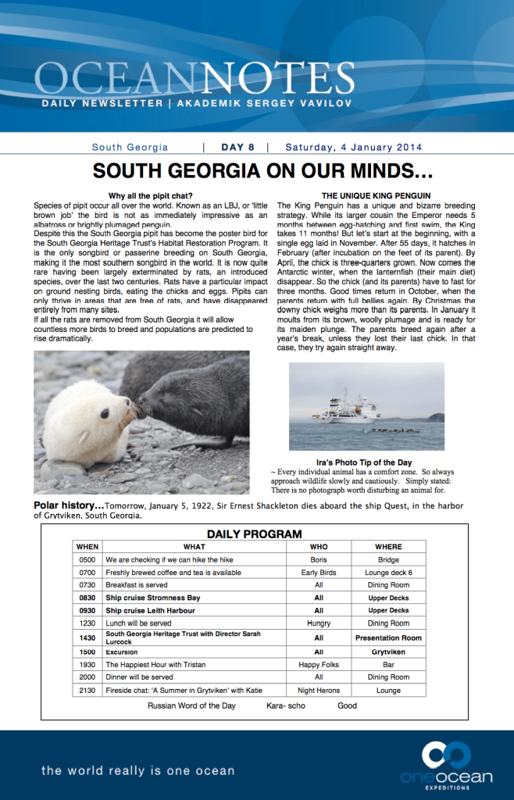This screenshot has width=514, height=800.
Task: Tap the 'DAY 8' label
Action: pyautogui.click(x=237, y=147)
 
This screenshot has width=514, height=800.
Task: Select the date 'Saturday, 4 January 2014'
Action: pyautogui.click(x=353, y=147)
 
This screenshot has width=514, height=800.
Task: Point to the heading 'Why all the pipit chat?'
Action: pyautogui.click(x=150, y=195)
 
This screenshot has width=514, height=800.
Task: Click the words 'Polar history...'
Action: pyautogui.click(x=69, y=505)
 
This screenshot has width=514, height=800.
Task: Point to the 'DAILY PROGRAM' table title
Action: pyautogui.click(x=254, y=534)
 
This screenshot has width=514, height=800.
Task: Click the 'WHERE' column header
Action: pyautogui.click(x=388, y=547)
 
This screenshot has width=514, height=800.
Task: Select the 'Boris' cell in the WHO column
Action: pyautogui.click(x=319, y=560)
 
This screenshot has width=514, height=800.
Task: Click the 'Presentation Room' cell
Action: pyautogui.click(x=388, y=637)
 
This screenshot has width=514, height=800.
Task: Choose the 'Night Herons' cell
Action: pyautogui.click(x=319, y=691)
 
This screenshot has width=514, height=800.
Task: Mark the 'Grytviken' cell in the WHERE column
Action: pyautogui.click(x=388, y=652)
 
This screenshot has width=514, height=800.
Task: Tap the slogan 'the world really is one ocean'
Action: pyautogui.click(x=137, y=770)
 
